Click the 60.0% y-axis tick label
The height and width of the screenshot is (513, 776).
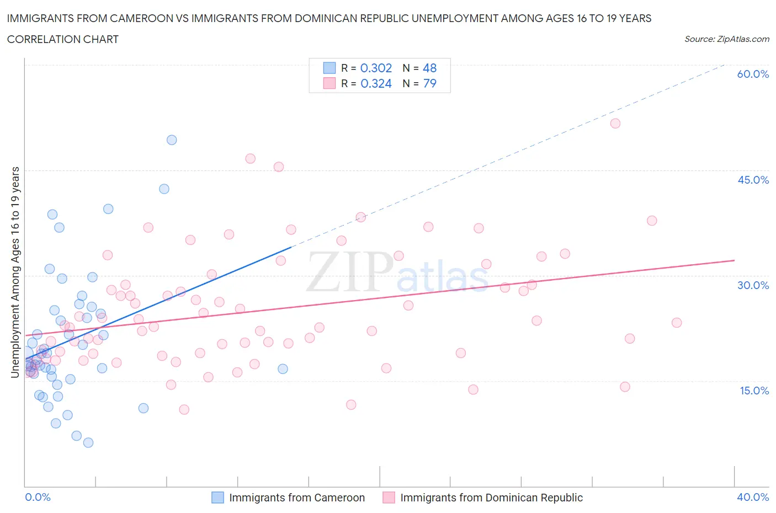pyautogui.click(x=753, y=74)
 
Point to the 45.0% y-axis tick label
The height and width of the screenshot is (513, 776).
pyautogui.click(x=753, y=180)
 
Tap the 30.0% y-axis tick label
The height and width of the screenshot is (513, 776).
pyautogui.click(x=753, y=285)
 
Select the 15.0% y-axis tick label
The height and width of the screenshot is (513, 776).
pyautogui.click(x=753, y=391)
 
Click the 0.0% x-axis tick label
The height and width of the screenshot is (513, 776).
pyautogui.click(x=38, y=497)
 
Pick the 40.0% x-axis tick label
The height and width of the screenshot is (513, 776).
pyautogui.click(x=753, y=497)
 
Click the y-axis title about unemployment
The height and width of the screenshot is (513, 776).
pyautogui.click(x=15, y=272)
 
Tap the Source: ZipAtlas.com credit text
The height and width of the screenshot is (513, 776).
pyautogui.click(x=726, y=39)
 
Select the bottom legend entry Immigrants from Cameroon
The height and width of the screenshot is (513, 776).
pyautogui.click(x=296, y=498)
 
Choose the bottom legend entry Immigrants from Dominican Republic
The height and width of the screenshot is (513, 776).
pyautogui.click(x=491, y=498)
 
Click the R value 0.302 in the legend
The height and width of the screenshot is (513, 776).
pyautogui.click(x=376, y=68)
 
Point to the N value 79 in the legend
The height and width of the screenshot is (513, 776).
pyautogui.click(x=429, y=83)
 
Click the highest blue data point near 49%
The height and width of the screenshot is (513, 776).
pyautogui.click(x=172, y=140)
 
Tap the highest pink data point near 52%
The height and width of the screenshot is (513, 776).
pyautogui.click(x=615, y=124)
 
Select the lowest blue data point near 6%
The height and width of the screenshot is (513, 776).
pyautogui.click(x=88, y=442)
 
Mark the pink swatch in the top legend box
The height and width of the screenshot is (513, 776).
pyautogui.click(x=329, y=83)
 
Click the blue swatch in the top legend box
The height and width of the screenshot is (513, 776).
pyautogui.click(x=329, y=68)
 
